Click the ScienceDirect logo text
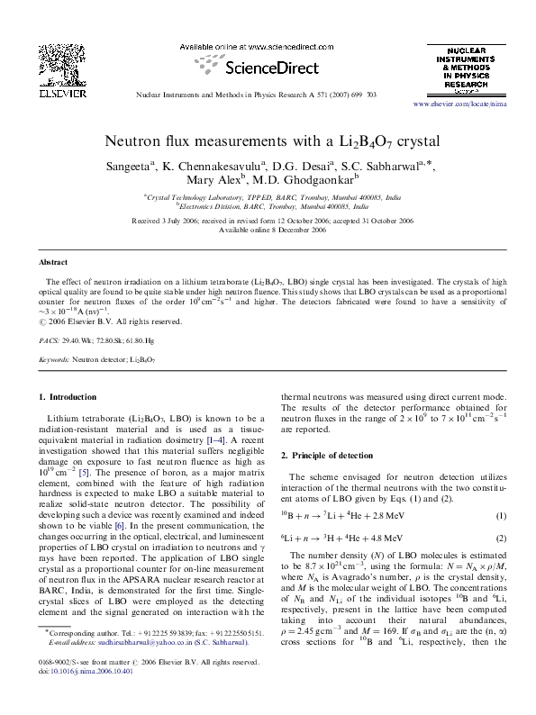point(270,68)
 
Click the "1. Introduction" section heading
point(68,396)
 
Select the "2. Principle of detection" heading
point(331,454)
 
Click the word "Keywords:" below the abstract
point(53,359)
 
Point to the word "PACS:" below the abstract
point(49,341)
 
